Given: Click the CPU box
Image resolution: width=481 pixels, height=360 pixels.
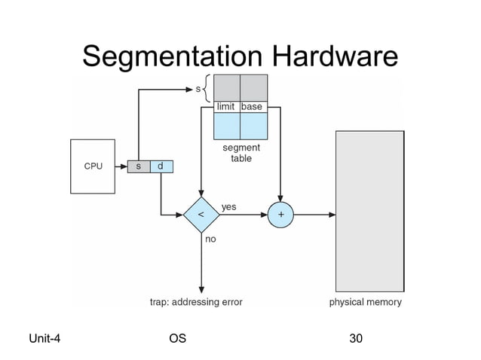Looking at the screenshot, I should pyautogui.click(x=93, y=166).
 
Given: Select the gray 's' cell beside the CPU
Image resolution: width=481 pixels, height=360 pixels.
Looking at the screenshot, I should pyautogui.click(x=138, y=166).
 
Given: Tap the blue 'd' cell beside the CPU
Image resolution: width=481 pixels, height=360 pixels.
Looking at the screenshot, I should pyautogui.click(x=161, y=166).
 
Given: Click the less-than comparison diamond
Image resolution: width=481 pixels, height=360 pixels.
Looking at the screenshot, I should pyautogui.click(x=201, y=215).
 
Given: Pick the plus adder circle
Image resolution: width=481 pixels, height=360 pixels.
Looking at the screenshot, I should pyautogui.click(x=280, y=215).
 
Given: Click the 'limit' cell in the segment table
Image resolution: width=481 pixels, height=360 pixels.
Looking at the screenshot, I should pyautogui.click(x=226, y=107).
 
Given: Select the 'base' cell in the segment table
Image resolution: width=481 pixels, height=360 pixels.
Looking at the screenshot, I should pyautogui.click(x=253, y=107).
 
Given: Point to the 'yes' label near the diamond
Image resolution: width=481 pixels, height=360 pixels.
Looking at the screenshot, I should pyautogui.click(x=228, y=206).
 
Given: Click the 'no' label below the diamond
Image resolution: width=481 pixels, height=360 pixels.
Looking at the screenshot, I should pyautogui.click(x=211, y=239).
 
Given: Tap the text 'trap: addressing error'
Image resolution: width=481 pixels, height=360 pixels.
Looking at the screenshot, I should pyautogui.click(x=195, y=302).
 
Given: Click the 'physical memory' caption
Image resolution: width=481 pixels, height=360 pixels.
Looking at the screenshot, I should pyautogui.click(x=366, y=302).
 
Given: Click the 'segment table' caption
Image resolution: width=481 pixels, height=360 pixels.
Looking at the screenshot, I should pyautogui.click(x=240, y=154).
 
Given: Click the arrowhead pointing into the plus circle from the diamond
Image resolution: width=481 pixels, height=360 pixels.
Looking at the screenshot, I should pyautogui.click(x=265, y=215).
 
